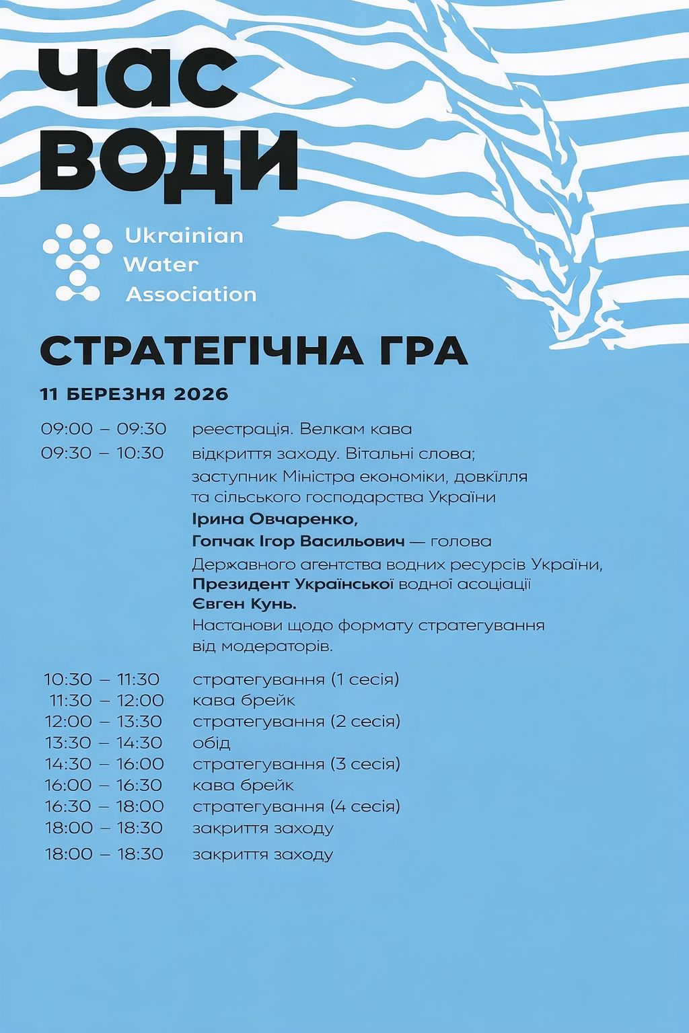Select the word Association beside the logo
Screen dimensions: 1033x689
click(x=192, y=294)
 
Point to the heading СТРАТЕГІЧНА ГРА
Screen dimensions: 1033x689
click(x=254, y=351)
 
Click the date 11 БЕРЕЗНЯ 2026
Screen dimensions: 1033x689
click(x=135, y=393)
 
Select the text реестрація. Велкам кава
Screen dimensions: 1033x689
click(x=302, y=428)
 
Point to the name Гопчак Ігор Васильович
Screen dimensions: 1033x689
click(x=299, y=541)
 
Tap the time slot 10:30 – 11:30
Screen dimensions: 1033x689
click(x=102, y=679)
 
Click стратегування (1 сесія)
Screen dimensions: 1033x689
click(x=296, y=679)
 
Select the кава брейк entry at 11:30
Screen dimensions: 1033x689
click(x=244, y=701)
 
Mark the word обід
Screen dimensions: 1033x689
click(x=211, y=743)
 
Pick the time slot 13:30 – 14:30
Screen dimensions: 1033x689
click(x=104, y=743)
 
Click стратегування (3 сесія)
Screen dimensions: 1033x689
click(x=296, y=764)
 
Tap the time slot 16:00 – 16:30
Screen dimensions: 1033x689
click(x=104, y=785)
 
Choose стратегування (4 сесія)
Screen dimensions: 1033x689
click(x=296, y=806)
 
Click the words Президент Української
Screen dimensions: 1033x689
click(x=293, y=583)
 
